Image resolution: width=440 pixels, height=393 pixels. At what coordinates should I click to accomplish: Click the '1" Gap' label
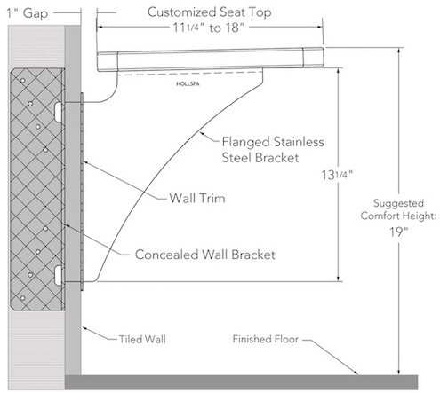[x=27, y=13]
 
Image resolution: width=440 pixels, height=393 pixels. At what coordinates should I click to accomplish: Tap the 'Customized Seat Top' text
[x=209, y=12]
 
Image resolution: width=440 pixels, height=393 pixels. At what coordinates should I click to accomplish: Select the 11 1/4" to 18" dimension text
[x=208, y=28]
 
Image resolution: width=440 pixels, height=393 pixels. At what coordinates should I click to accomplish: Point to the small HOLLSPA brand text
[x=188, y=84]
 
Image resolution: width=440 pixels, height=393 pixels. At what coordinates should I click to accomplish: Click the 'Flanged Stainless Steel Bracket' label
[x=273, y=150]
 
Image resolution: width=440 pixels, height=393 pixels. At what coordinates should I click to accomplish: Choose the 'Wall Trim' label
[x=197, y=198]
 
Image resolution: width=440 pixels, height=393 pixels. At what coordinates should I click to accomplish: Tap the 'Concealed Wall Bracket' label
[x=205, y=255]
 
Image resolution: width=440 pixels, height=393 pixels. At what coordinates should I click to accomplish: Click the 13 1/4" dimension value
[x=337, y=175]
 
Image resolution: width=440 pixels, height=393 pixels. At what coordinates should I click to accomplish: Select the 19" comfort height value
[x=398, y=232]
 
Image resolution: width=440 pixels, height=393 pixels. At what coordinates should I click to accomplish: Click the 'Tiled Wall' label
[x=142, y=339]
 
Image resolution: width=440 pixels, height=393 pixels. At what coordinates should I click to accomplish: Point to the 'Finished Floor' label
[x=265, y=339]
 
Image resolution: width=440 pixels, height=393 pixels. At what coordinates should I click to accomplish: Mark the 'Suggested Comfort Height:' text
[x=398, y=209]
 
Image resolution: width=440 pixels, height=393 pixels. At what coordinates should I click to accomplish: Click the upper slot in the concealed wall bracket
[x=58, y=112]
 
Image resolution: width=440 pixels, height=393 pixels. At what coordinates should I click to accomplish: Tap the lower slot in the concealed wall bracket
[x=58, y=275]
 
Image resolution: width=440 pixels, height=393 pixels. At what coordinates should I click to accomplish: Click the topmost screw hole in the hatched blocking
[x=22, y=81]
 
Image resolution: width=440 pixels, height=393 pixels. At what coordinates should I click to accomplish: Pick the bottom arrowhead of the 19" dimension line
[x=399, y=372]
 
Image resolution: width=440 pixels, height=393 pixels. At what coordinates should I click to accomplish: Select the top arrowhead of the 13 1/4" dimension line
[x=338, y=72]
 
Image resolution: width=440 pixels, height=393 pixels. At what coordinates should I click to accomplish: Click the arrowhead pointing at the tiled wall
[x=85, y=328]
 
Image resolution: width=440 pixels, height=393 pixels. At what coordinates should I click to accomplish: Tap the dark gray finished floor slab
[x=241, y=382]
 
